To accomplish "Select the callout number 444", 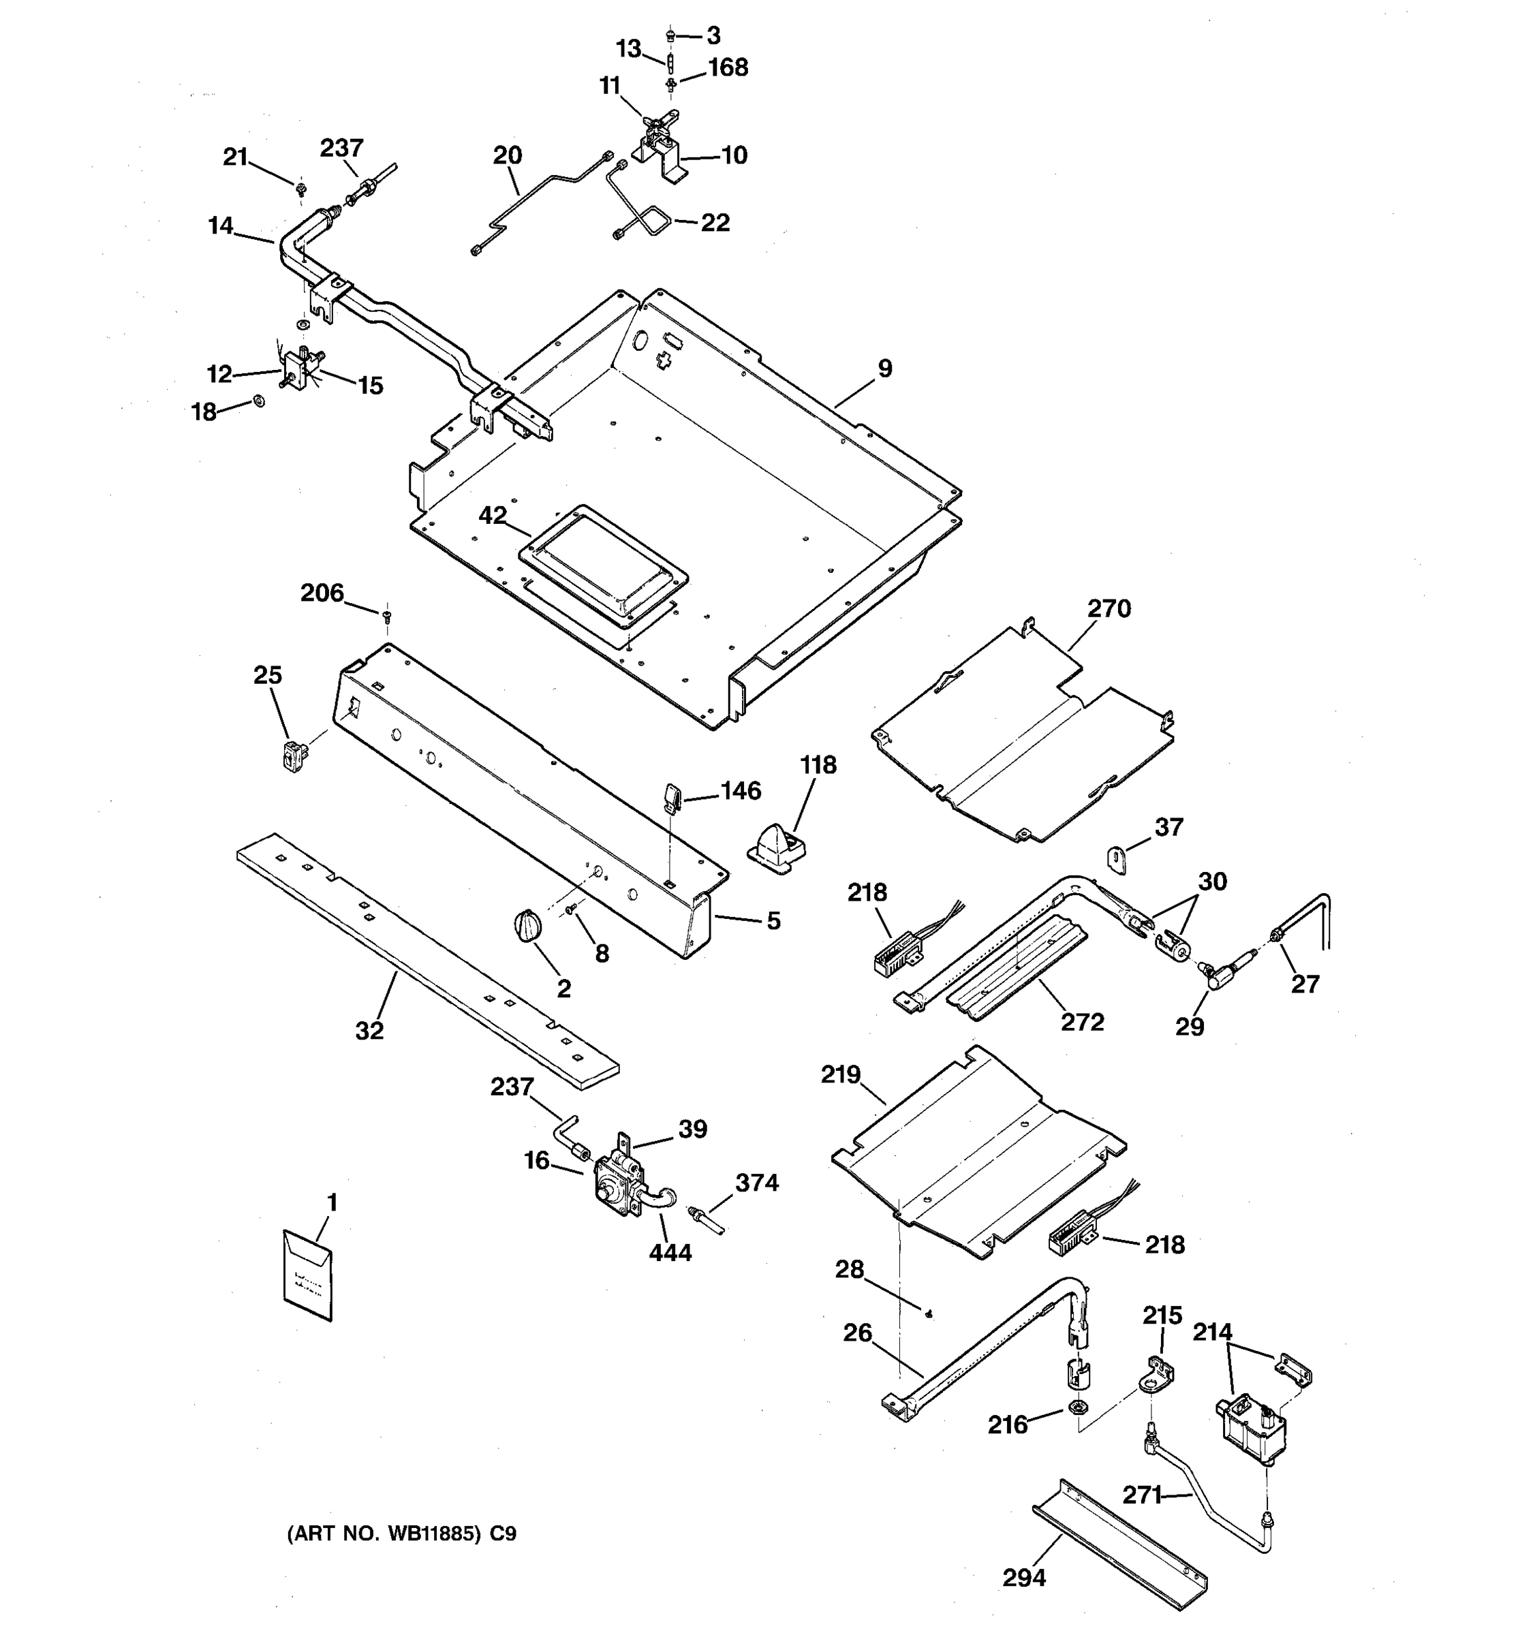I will click(x=670, y=1253).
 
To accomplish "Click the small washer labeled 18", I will click(x=259, y=401).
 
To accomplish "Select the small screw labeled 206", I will click(x=386, y=614).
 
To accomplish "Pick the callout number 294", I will click(x=1024, y=1577).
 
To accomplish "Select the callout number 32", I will click(x=369, y=1031).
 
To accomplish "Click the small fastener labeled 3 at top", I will click(x=670, y=35).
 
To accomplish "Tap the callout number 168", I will click(x=728, y=67).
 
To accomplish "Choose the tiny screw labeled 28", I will click(x=929, y=1314).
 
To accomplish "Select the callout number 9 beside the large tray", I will click(x=885, y=369).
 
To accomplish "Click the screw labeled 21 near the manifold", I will click(x=301, y=189).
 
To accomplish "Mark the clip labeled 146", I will click(x=670, y=796).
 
